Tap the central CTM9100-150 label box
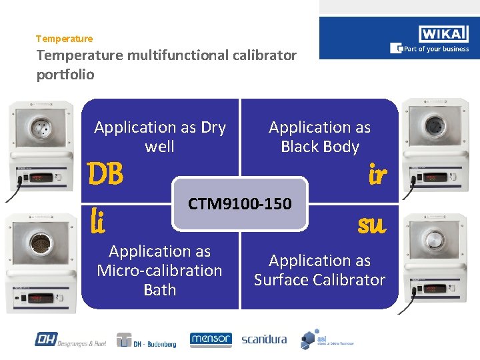point(240,203)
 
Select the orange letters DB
point(107,175)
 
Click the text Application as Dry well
point(160,137)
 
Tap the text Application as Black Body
point(320,137)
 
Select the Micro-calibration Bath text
point(160,271)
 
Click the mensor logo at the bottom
point(211,340)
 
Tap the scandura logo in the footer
point(264,339)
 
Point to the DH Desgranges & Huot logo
point(71,340)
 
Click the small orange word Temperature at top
point(65,39)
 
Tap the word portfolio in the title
point(65,75)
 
